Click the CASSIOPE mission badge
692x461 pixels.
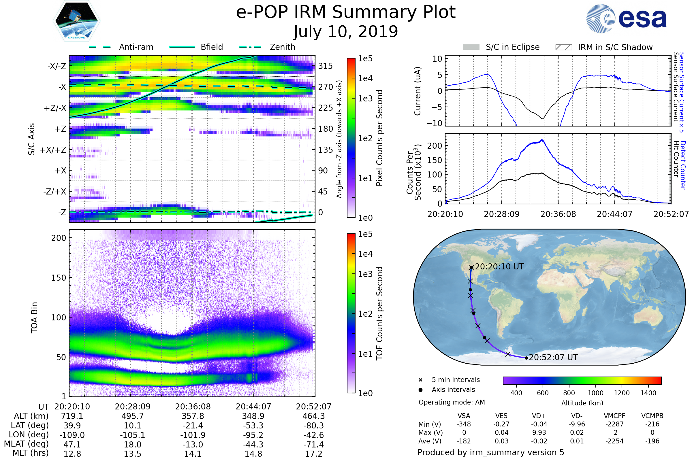pyautogui.click(x=76, y=21)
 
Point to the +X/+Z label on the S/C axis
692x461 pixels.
pyautogui.click(x=53, y=150)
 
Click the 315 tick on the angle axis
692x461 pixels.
pyautogui.click(x=325, y=66)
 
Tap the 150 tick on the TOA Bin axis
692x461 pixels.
pyautogui.click(x=59, y=278)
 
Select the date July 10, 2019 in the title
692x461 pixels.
pyautogui.click(x=346, y=32)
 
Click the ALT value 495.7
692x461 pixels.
pyautogui.click(x=132, y=416)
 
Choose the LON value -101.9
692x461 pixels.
pyautogui.click(x=193, y=435)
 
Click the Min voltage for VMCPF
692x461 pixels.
pyautogui.click(x=614, y=424)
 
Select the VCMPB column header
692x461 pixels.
pyautogui.click(x=652, y=416)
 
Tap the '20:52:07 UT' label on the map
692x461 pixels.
pyautogui.click(x=553, y=358)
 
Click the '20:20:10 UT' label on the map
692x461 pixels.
pyautogui.click(x=499, y=267)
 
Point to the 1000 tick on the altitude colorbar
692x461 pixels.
pyautogui.click(x=595, y=393)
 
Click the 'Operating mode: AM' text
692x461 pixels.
pyautogui.click(x=452, y=402)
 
